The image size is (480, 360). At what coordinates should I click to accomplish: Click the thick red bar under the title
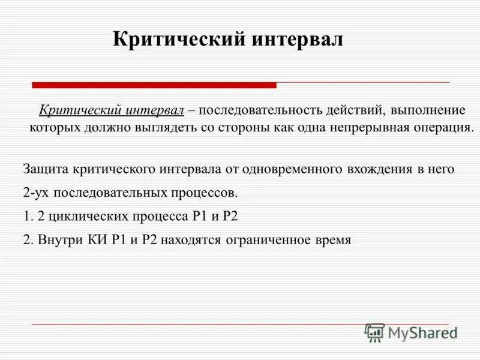[x=154, y=85]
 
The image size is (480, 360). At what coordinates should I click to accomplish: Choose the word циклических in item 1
[x=81, y=216]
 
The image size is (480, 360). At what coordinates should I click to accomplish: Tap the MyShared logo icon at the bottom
[x=374, y=332]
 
